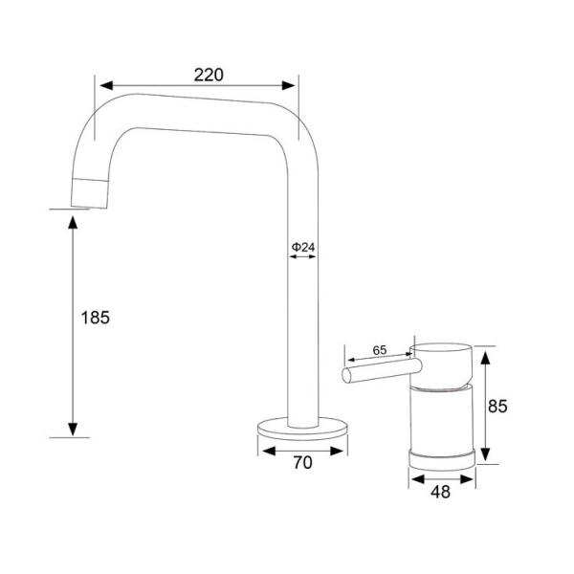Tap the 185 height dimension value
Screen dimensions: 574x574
coord(96,318)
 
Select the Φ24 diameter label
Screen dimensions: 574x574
coord(303,247)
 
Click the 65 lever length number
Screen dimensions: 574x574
coord(379,351)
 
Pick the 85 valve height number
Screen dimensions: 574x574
coord(498,406)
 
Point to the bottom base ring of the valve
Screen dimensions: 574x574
coord(442,455)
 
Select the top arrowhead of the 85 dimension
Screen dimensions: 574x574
coord(484,354)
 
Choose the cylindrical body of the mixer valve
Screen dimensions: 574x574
coord(442,417)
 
